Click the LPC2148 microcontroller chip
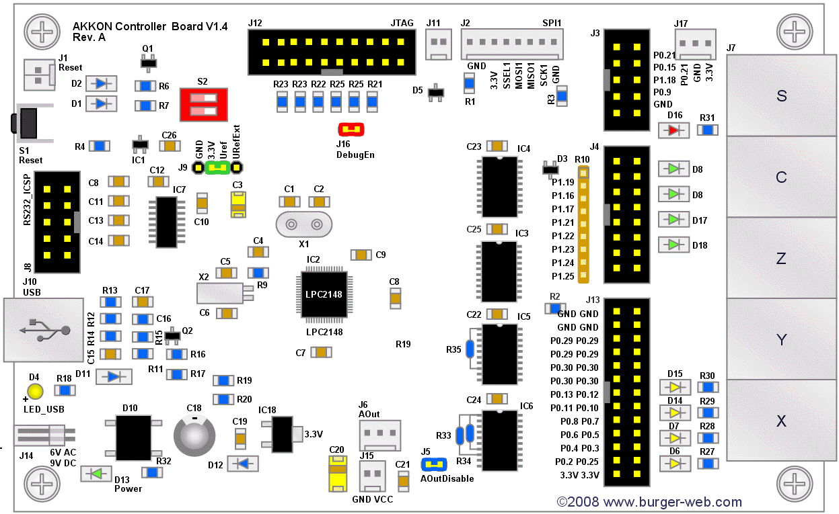point(324,294)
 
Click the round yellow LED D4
point(34,392)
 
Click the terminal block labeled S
point(781,96)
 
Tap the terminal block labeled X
point(781,421)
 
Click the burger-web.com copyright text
point(649,502)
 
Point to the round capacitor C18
point(194,434)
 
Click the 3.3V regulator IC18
point(282,434)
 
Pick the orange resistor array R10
point(583,225)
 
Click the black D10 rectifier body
point(134,437)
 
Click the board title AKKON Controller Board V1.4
point(150,27)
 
